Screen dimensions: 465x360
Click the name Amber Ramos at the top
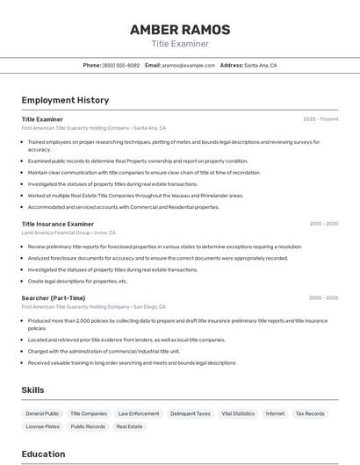click(180, 30)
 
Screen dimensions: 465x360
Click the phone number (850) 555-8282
click(121, 65)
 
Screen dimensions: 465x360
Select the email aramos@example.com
click(189, 65)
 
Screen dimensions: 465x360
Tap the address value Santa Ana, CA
click(261, 65)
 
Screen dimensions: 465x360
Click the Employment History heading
click(65, 100)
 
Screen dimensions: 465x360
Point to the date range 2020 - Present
click(320, 118)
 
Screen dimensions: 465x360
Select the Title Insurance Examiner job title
click(58, 224)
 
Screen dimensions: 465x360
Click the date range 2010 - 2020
click(323, 224)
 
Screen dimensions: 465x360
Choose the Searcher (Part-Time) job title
click(54, 298)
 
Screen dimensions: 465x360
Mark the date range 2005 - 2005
click(323, 298)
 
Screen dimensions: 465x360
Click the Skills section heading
click(32, 390)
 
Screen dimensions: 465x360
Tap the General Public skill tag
click(42, 413)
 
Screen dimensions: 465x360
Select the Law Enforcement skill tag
click(139, 413)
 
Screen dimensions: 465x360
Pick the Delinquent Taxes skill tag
click(191, 413)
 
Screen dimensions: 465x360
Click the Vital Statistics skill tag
click(238, 413)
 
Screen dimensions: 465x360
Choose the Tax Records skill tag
click(309, 413)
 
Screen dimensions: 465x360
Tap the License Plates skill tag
click(42, 426)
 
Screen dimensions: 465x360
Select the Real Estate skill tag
click(129, 426)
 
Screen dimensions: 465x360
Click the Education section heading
click(43, 454)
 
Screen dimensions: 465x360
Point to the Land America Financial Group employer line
click(68, 232)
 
